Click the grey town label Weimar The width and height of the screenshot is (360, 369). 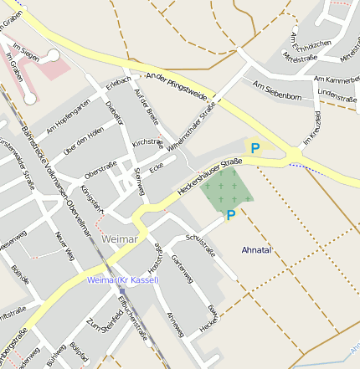[119, 239]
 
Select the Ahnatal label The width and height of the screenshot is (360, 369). [256, 250]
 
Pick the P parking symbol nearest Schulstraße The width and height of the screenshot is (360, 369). [230, 215]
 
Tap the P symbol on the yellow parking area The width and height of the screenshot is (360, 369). [255, 148]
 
